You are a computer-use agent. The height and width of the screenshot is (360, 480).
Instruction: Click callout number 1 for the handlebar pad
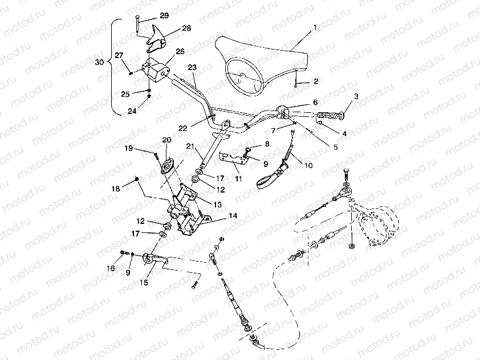(x=315, y=27)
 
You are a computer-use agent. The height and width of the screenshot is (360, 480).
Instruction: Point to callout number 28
(x=186, y=28)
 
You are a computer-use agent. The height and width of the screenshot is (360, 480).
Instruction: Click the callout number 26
(x=180, y=51)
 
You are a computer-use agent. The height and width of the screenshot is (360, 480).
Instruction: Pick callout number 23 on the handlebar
(x=192, y=67)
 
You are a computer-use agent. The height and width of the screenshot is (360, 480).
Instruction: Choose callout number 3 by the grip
(x=356, y=96)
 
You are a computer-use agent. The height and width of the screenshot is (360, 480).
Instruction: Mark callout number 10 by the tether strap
(x=308, y=166)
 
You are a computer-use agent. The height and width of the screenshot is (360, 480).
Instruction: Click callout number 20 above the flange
(x=166, y=140)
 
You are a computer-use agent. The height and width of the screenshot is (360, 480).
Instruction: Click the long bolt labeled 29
(x=139, y=25)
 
